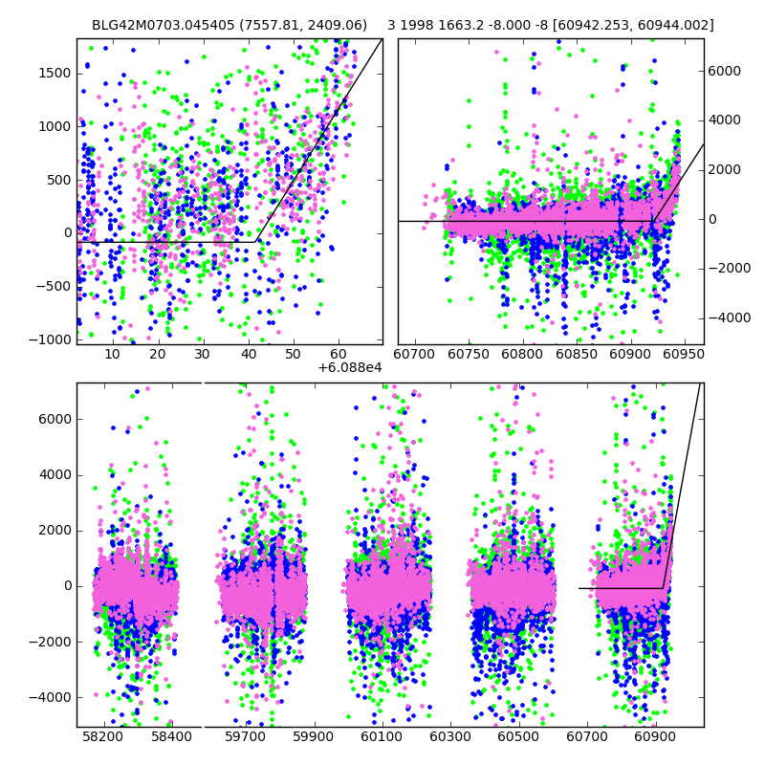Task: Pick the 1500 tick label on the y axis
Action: pos(54,73)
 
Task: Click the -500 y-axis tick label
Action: pos(54,286)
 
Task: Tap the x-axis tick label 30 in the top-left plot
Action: pos(202,355)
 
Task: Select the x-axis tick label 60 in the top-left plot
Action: pos(338,355)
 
